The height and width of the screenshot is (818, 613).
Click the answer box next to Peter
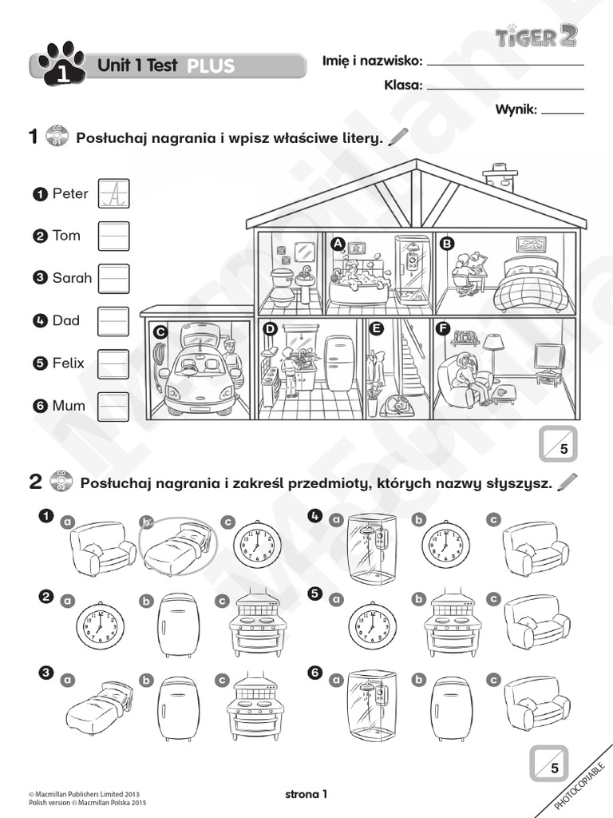113,193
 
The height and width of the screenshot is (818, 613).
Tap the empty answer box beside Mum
113,406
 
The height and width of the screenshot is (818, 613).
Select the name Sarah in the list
72,278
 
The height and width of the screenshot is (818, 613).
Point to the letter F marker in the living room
441,328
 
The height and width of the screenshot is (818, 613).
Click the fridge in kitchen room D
339,363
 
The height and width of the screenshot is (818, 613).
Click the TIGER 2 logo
535,36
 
